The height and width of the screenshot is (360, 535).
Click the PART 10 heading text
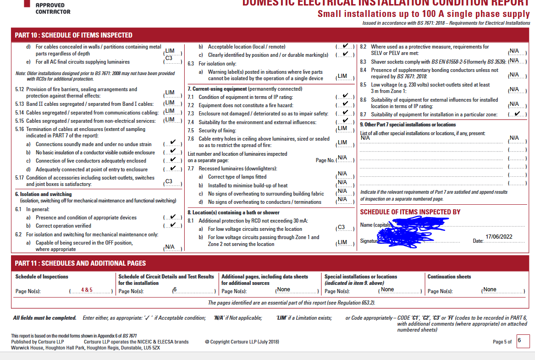pyautogui.click(x=74, y=35)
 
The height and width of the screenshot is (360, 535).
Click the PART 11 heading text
pyautogui.click(x=80, y=263)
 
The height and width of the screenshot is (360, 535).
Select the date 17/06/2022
pyautogui.click(x=499, y=237)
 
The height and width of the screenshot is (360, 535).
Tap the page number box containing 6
pyautogui.click(x=523, y=341)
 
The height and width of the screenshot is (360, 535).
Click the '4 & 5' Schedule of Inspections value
pyautogui.click(x=87, y=290)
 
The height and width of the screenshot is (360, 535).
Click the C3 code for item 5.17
pyautogui.click(x=169, y=181)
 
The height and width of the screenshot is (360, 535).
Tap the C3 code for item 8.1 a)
pyautogui.click(x=341, y=228)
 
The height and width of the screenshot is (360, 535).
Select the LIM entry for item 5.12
pyautogui.click(x=170, y=93)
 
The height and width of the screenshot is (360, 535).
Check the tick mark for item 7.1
pyautogui.click(x=345, y=96)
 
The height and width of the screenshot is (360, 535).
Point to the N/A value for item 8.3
pyautogui.click(x=514, y=60)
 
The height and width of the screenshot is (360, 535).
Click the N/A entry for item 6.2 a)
pyautogui.click(x=170, y=247)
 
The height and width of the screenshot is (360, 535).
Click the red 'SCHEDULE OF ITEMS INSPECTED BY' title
pyautogui.click(x=410, y=212)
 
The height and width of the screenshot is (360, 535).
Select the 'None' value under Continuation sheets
pyautogui.click(x=490, y=289)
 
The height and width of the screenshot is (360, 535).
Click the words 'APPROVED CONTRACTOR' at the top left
pyautogui.click(x=53, y=8)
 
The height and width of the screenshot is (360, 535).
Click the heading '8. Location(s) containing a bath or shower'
pyautogui.click(x=233, y=213)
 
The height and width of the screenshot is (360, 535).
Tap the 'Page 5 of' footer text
pyautogui.click(x=502, y=342)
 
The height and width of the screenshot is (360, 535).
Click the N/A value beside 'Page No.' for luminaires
pyautogui.click(x=342, y=158)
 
